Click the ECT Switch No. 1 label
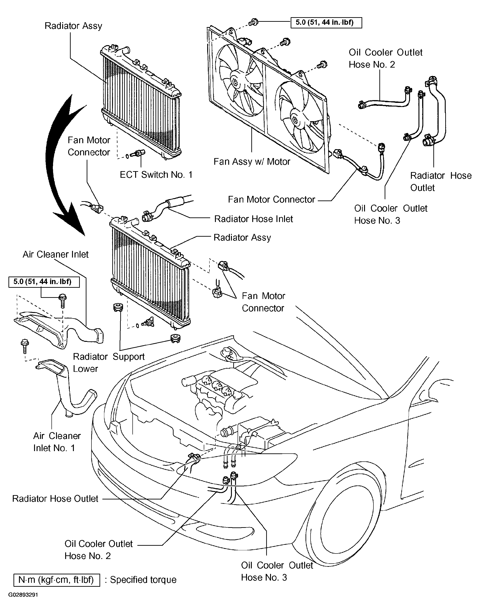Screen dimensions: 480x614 click(156, 175)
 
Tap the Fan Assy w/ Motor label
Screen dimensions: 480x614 click(252, 162)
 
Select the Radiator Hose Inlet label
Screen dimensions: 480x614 click(253, 219)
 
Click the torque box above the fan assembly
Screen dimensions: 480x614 click(326, 22)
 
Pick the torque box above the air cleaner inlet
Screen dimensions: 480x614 click(44, 282)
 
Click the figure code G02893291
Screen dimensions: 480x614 click(23, 603)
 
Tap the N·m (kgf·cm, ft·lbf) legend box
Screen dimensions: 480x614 click(57, 580)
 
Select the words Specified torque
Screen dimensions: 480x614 click(143, 580)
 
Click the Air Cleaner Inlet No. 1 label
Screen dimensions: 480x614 click(57, 442)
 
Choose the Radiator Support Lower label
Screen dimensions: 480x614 click(108, 363)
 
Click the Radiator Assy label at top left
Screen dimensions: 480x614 click(73, 26)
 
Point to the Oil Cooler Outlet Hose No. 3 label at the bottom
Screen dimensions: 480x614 click(277, 571)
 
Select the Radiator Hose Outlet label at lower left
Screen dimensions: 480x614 click(55, 499)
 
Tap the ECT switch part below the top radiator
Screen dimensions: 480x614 click(136, 154)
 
